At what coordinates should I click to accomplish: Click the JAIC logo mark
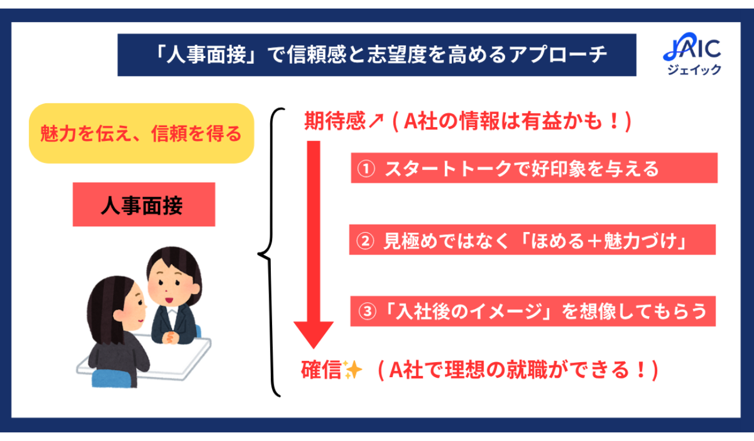click(x=692, y=47)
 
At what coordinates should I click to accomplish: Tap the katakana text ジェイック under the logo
click(x=694, y=70)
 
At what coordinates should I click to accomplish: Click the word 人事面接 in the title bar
click(x=207, y=55)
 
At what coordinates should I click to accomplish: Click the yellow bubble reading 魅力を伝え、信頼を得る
click(x=142, y=133)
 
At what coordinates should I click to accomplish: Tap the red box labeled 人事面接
click(x=144, y=204)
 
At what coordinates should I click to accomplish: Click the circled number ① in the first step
click(x=366, y=168)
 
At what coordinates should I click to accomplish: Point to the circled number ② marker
click(x=365, y=241)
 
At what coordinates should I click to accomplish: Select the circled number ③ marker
click(x=367, y=312)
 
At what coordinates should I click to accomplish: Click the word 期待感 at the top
click(x=335, y=121)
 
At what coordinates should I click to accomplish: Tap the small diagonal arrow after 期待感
click(x=376, y=121)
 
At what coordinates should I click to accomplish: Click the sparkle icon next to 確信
click(x=352, y=370)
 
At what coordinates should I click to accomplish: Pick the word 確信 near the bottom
click(x=321, y=370)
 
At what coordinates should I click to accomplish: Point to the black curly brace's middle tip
click(x=259, y=254)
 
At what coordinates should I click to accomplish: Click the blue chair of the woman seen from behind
click(x=111, y=379)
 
